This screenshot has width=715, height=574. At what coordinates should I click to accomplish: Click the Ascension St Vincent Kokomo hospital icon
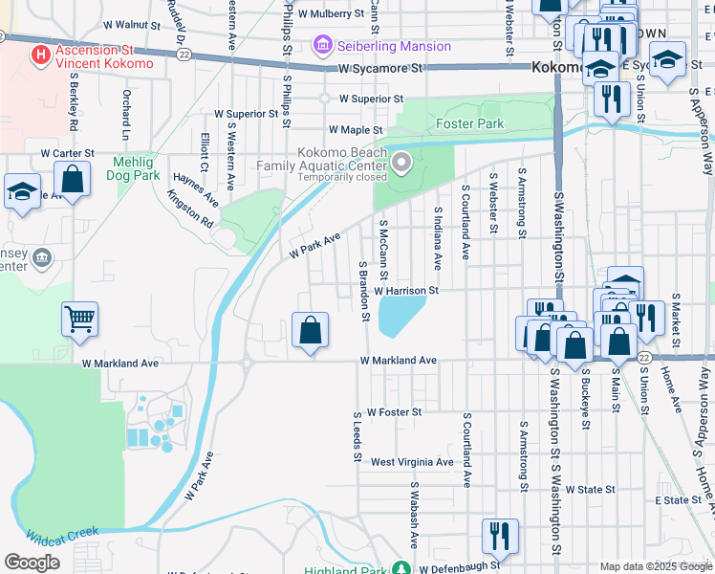pos(40,55)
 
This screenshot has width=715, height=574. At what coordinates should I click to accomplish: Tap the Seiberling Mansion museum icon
pos(321,45)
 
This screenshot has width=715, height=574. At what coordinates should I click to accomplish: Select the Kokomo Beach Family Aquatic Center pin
pos(402,164)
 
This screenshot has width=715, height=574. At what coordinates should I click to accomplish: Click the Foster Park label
pos(469,124)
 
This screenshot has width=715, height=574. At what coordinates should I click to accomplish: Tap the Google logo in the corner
pos(32,562)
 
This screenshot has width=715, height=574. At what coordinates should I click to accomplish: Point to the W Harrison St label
pos(405,290)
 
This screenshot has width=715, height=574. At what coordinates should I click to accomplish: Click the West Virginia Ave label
pos(412,462)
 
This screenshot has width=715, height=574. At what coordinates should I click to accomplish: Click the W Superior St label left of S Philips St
pos(246,113)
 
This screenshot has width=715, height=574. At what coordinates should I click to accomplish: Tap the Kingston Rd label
pos(190,207)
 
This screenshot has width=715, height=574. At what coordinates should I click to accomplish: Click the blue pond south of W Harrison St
pos(401,315)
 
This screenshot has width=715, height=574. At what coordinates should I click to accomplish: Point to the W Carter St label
pos(67,153)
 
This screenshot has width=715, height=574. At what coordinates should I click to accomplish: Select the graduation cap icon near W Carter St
pos(21,190)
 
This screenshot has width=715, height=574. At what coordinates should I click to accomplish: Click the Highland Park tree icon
pos(402,569)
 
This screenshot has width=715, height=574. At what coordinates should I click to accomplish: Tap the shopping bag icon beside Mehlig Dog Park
pos(72,178)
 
